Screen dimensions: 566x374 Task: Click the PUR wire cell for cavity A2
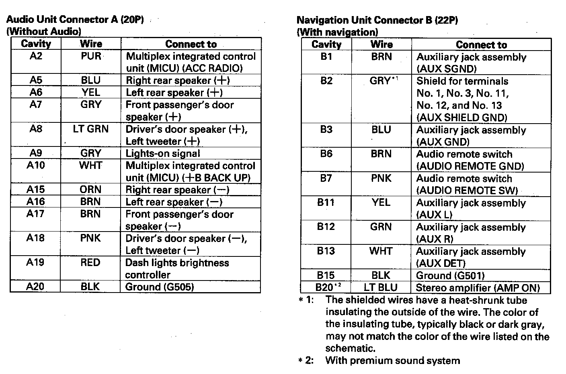click(91, 56)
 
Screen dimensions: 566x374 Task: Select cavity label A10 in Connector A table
click(36, 165)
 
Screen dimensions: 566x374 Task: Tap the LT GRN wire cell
click(91, 129)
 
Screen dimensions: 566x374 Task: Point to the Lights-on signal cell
click(163, 153)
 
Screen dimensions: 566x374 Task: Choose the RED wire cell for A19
click(90, 262)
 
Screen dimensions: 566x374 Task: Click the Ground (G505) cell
click(160, 287)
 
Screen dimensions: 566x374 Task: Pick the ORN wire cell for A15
click(90, 189)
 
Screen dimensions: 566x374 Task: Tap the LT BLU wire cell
click(381, 288)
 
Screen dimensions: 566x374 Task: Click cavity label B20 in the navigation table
click(326, 287)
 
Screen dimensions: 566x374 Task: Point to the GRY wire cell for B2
click(381, 81)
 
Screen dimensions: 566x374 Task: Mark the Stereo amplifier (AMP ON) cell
click(478, 288)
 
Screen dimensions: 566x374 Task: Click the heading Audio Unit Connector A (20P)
click(75, 20)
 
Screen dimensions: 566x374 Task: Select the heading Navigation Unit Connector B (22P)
click(377, 20)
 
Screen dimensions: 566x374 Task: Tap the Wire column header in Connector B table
click(381, 45)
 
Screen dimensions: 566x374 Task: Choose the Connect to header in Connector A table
click(191, 44)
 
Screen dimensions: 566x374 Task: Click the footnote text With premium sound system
click(392, 360)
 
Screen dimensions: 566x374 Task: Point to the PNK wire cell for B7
click(381, 178)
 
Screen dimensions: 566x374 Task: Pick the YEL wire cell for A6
click(91, 92)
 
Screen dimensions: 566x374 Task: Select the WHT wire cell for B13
click(381, 251)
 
